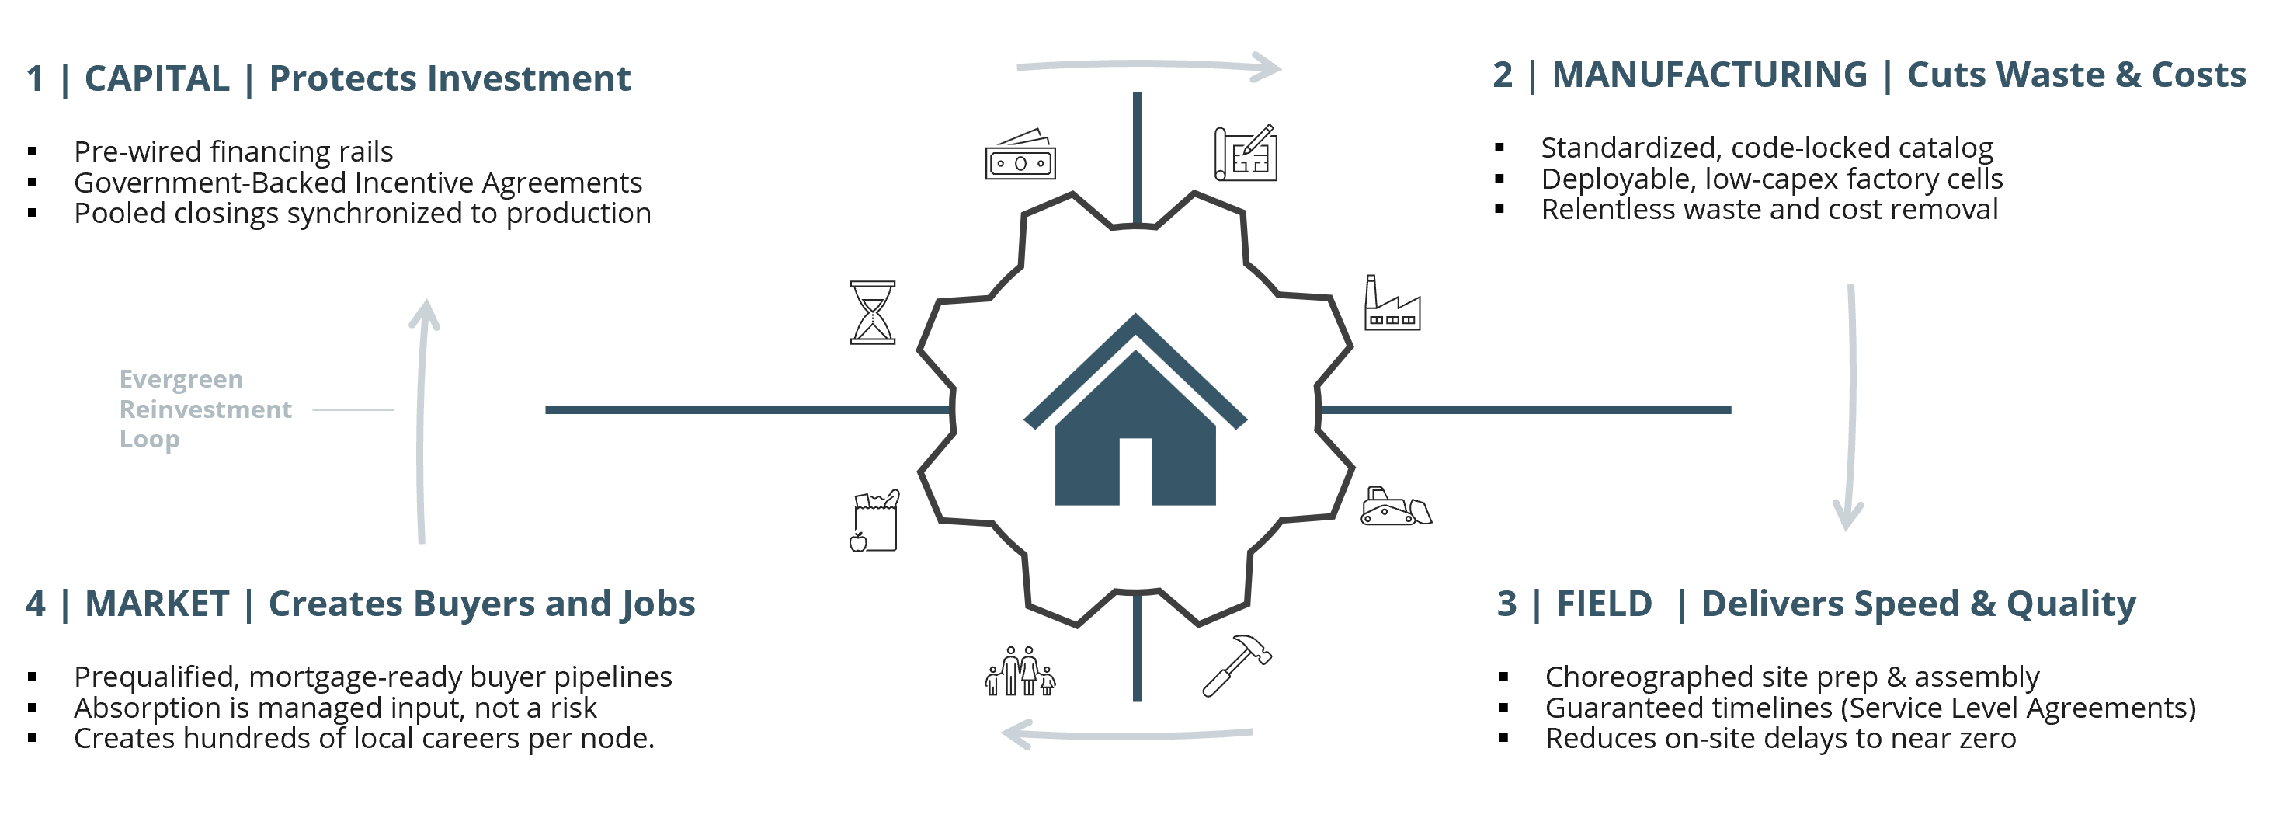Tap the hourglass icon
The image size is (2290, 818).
[872, 312]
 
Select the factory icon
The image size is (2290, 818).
[1392, 304]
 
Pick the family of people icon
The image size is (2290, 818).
[1020, 671]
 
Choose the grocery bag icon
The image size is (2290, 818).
[874, 521]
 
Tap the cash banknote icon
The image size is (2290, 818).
[1020, 155]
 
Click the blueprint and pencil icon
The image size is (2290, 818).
[1246, 154]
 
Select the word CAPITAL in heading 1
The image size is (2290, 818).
[156, 78]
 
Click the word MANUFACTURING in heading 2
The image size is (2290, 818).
[1708, 75]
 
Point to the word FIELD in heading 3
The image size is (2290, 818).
[1604, 604]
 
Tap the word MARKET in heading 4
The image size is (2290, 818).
[156, 604]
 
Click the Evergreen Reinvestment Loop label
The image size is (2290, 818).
[204, 409]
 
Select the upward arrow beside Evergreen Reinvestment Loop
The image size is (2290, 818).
[422, 418]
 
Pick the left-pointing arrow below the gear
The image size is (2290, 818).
[1128, 734]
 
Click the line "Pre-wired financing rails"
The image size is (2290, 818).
[233, 151]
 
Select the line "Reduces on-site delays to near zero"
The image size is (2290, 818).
[1780, 738]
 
